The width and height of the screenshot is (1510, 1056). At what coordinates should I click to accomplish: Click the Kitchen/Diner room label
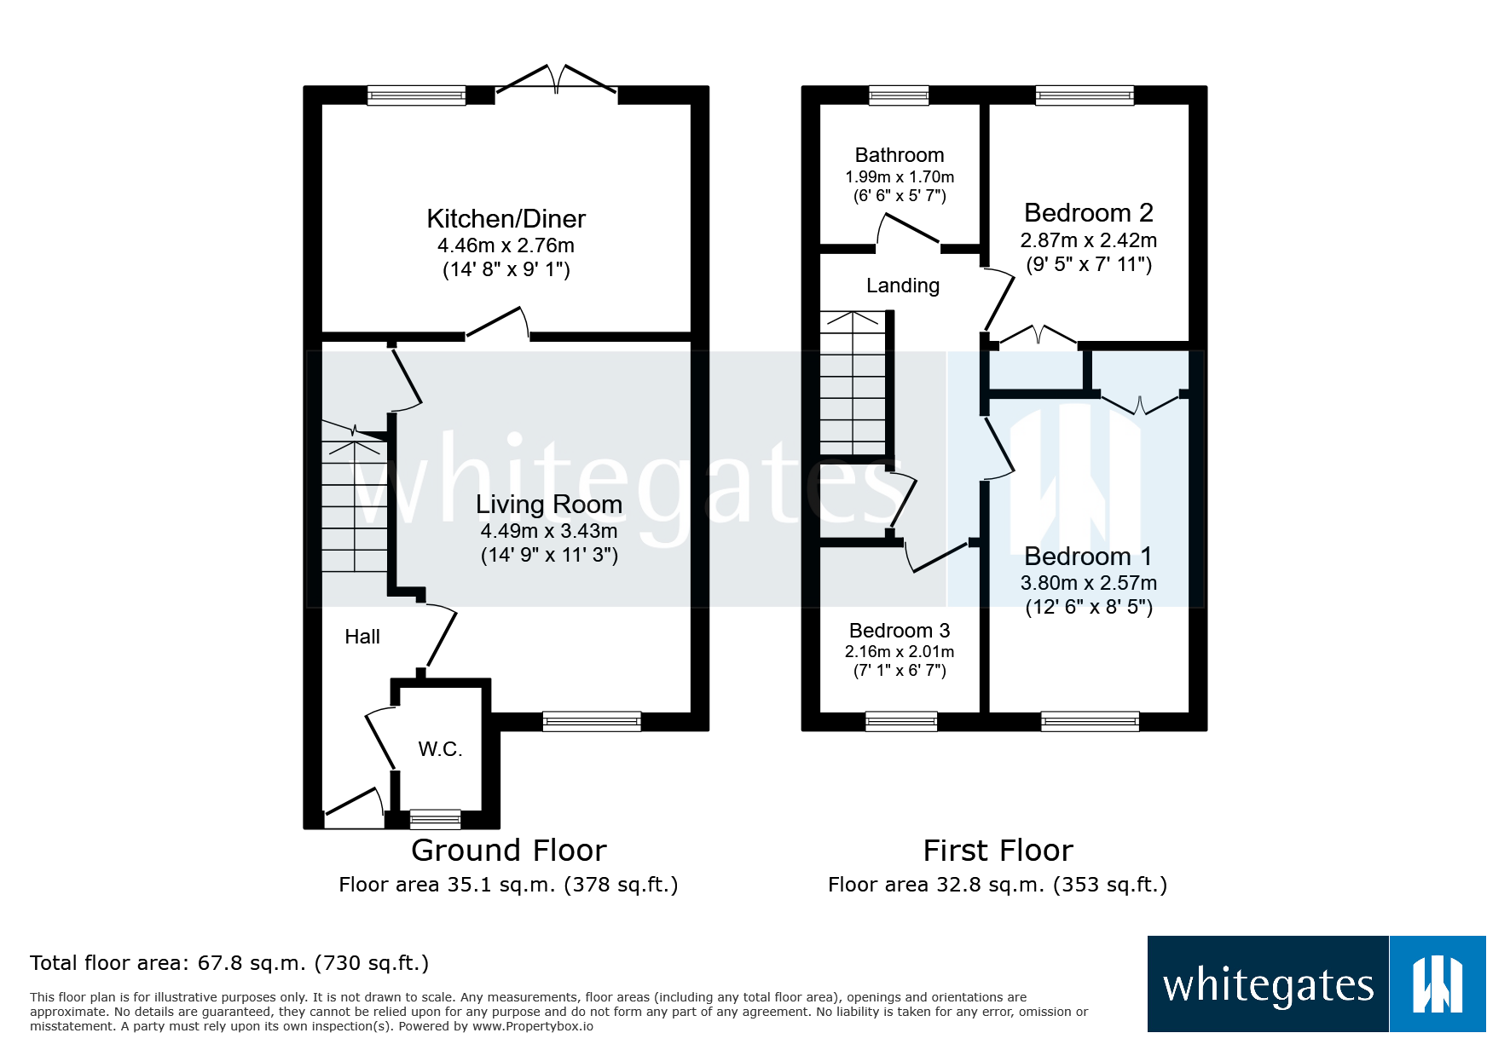[506, 219]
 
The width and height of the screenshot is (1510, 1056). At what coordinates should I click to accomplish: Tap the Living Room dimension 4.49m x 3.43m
[548, 531]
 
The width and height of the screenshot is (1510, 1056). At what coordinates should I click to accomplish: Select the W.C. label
[440, 749]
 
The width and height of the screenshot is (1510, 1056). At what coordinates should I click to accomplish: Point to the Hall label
[362, 637]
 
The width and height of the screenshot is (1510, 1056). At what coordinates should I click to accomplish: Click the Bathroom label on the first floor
[900, 155]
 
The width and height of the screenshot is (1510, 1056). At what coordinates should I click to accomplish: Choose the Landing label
[903, 286]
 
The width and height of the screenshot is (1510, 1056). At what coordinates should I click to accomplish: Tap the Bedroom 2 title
[1088, 212]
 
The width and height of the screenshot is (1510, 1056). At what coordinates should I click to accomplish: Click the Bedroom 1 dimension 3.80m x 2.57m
[1088, 583]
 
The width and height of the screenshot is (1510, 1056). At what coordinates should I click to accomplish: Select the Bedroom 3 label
[900, 631]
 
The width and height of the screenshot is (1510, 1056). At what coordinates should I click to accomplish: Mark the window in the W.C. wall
[435, 820]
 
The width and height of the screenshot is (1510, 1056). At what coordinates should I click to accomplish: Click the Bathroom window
[899, 95]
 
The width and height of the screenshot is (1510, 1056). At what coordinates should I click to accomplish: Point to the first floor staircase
[853, 384]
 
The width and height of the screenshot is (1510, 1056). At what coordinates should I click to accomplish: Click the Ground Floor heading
[508, 851]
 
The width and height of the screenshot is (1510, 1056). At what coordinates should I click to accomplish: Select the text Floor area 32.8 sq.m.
[935, 885]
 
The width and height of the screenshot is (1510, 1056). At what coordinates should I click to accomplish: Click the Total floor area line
[229, 963]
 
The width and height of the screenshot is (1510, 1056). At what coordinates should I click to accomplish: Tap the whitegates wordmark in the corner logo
[1268, 985]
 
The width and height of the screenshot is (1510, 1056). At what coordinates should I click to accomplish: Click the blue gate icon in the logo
[1437, 984]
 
